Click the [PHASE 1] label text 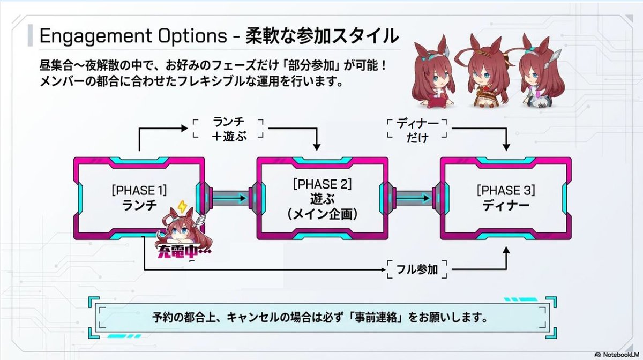tap(139, 190)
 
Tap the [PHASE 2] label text tap(323, 184)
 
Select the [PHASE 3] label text tap(506, 190)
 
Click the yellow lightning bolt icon tap(182, 206)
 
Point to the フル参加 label tap(417, 269)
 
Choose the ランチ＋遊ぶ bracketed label tap(229, 129)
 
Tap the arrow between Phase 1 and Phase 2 tap(229, 198)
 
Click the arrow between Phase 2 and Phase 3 tap(413, 198)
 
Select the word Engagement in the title tap(95, 36)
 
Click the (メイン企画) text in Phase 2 tap(323, 214)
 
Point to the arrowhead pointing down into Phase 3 tap(506, 147)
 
